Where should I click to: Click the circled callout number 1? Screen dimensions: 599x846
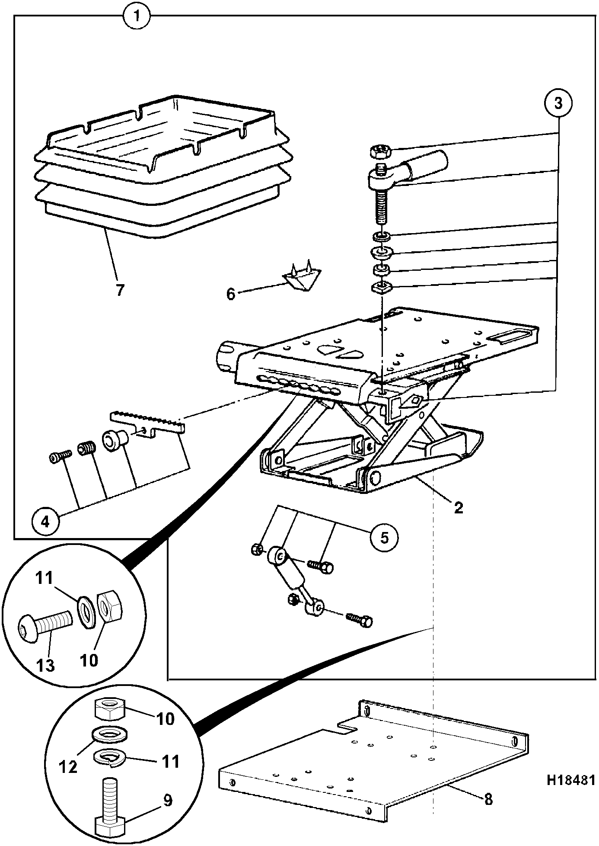pyautogui.click(x=137, y=16)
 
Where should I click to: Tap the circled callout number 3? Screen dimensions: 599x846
pyautogui.click(x=558, y=103)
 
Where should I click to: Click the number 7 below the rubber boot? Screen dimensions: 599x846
pyautogui.click(x=119, y=290)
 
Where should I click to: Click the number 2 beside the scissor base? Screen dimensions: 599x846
pyautogui.click(x=458, y=507)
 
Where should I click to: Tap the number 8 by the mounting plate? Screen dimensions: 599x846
pyautogui.click(x=488, y=799)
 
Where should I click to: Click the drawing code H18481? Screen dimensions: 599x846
pyautogui.click(x=571, y=780)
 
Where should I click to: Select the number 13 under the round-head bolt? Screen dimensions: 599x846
pyautogui.click(x=46, y=665)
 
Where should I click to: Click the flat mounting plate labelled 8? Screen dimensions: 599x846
pyautogui.click(x=374, y=763)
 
